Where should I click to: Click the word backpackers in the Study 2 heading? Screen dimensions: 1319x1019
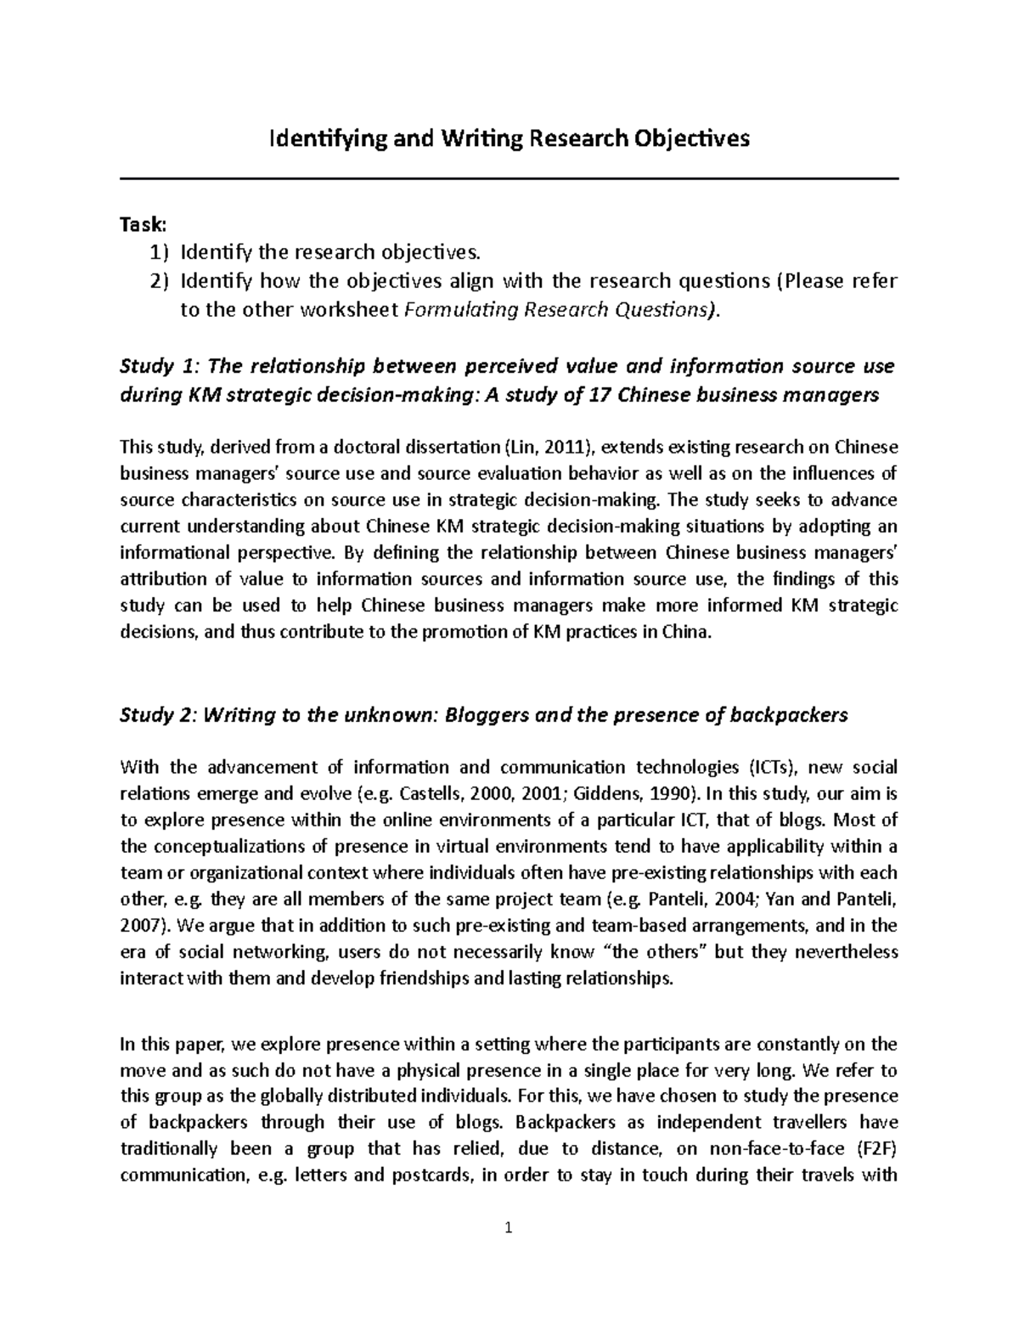[x=787, y=714]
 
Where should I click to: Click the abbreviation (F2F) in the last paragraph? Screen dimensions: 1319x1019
[x=876, y=1149]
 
